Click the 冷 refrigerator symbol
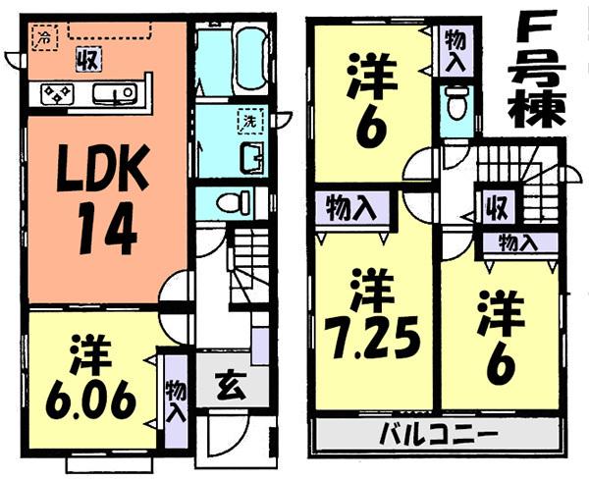coord(43,37)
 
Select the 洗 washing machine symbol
coord(250,122)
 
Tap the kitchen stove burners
coord(56,93)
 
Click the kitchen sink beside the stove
coord(115,93)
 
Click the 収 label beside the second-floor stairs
coord(493,209)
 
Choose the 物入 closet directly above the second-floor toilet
coord(455,48)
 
